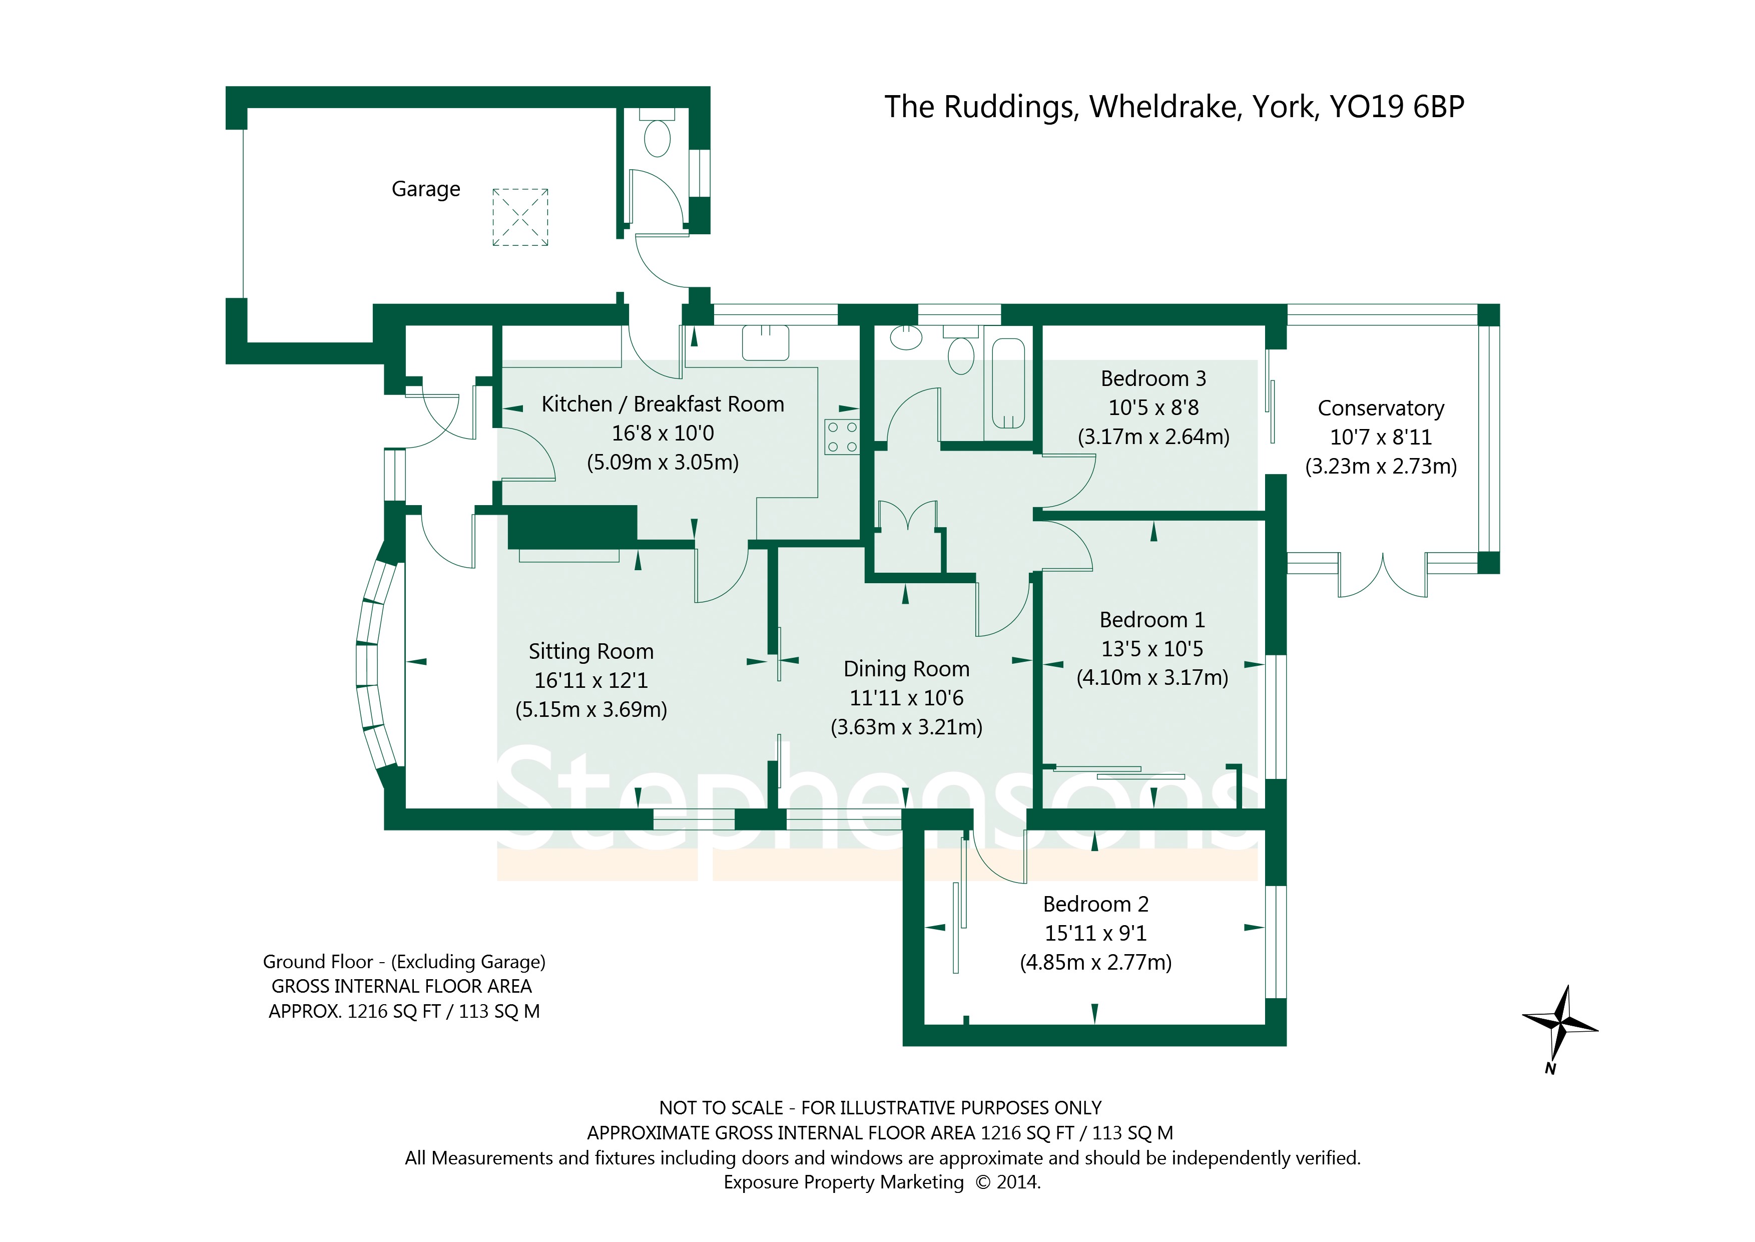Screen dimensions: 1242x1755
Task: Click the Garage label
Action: pos(426,189)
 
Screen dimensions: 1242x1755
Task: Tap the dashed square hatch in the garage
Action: pos(520,217)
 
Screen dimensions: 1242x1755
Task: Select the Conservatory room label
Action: pos(1381,408)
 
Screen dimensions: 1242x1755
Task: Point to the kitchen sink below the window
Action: pos(765,342)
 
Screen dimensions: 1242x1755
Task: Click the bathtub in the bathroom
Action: pos(1008,383)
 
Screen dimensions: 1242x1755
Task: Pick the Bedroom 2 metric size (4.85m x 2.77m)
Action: pos(1095,962)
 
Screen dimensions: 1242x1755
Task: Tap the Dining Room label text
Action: pos(907,669)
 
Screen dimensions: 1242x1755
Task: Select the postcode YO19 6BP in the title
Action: pos(1397,107)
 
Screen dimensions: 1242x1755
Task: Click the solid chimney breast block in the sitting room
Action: pos(572,527)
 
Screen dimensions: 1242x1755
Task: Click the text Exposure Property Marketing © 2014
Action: pos(881,1182)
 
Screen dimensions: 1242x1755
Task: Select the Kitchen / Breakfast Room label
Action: pos(663,404)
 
